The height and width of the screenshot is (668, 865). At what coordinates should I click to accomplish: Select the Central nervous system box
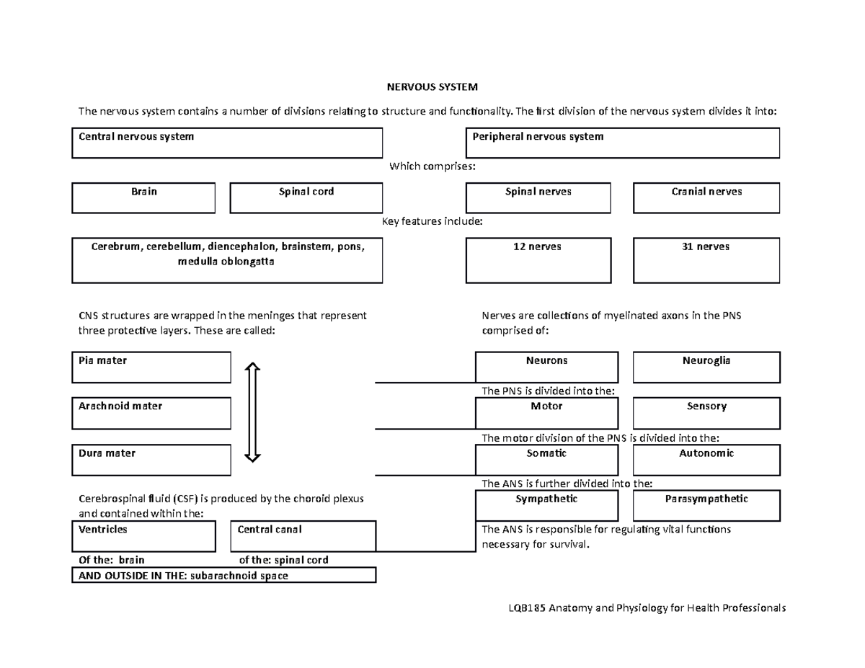pyautogui.click(x=226, y=143)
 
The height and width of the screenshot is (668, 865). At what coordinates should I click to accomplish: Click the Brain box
pyautogui.click(x=143, y=197)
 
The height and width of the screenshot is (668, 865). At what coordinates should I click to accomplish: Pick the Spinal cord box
pyautogui.click(x=306, y=197)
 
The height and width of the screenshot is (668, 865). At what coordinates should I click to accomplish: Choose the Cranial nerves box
pyautogui.click(x=706, y=197)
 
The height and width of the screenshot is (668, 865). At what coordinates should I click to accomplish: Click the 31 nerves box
pyautogui.click(x=706, y=260)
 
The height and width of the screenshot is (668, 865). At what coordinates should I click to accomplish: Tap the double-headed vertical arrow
pyautogui.click(x=252, y=412)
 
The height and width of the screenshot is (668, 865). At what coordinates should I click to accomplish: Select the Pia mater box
pyautogui.click(x=151, y=367)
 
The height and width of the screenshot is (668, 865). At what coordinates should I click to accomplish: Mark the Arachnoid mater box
pyautogui.click(x=151, y=414)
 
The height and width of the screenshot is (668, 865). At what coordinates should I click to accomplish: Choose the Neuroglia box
pyautogui.click(x=706, y=367)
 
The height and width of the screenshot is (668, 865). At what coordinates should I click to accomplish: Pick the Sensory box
pyautogui.click(x=706, y=413)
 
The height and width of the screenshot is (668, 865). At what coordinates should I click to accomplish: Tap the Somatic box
pyautogui.click(x=546, y=460)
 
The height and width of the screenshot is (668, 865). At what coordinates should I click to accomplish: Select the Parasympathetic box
pyautogui.click(x=706, y=505)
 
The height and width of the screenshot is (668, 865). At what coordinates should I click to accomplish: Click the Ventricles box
pyautogui.click(x=143, y=536)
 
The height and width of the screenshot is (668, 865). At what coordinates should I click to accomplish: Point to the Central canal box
pyautogui.click(x=303, y=536)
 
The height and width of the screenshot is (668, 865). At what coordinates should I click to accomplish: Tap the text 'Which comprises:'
pyautogui.click(x=432, y=166)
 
